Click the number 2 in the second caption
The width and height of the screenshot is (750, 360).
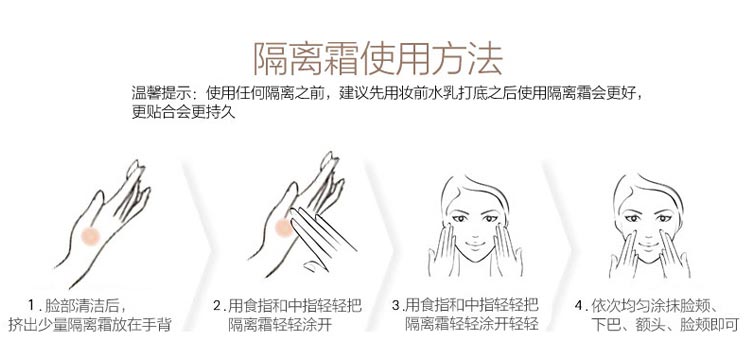click(217, 305)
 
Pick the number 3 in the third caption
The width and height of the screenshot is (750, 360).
click(396, 305)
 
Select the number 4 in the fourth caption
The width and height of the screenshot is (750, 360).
click(580, 305)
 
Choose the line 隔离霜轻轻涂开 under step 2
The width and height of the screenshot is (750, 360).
click(283, 325)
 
